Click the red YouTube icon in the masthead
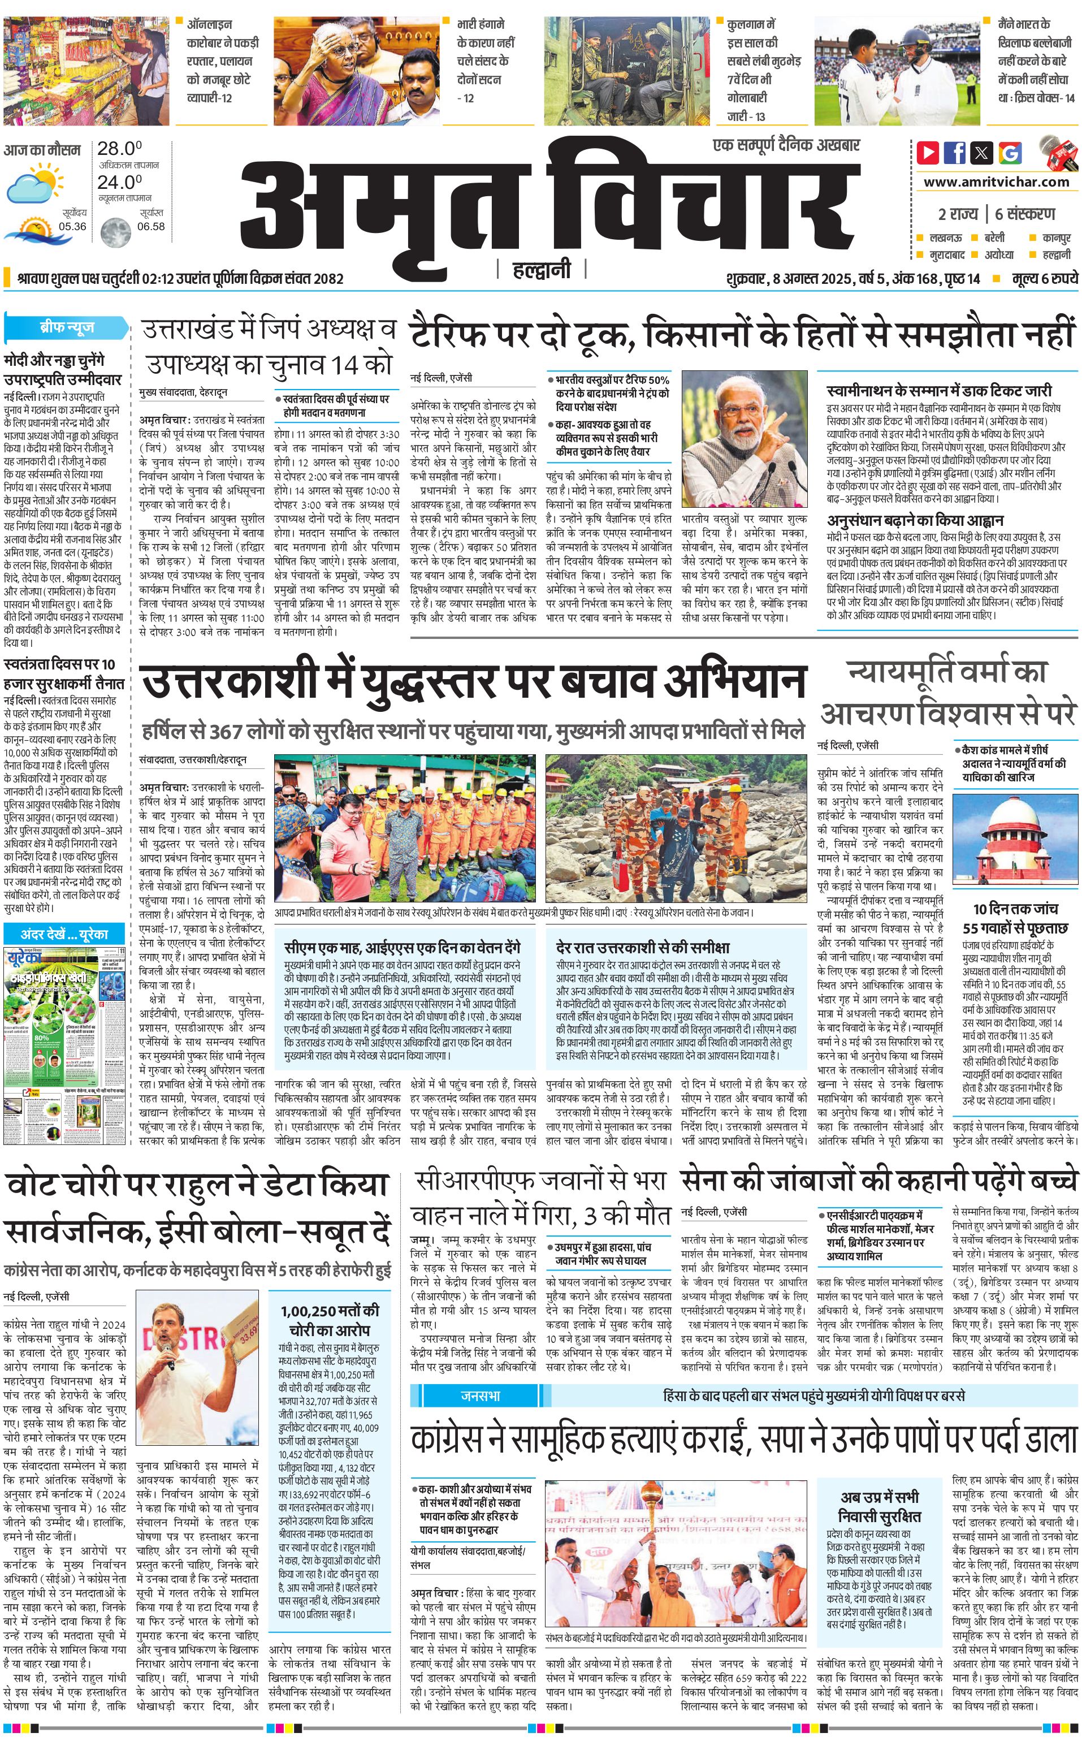coord(928,153)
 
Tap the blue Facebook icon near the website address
coord(955,153)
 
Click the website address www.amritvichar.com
coord(996,182)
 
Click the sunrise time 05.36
coord(72,227)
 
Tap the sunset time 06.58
coord(150,227)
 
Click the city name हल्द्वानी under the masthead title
coord(542,270)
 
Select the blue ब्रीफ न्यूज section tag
coord(66,327)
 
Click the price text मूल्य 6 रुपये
coord(1044,278)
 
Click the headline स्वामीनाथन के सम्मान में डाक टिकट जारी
coord(939,391)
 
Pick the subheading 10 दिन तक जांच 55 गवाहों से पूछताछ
coord(1015,918)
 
